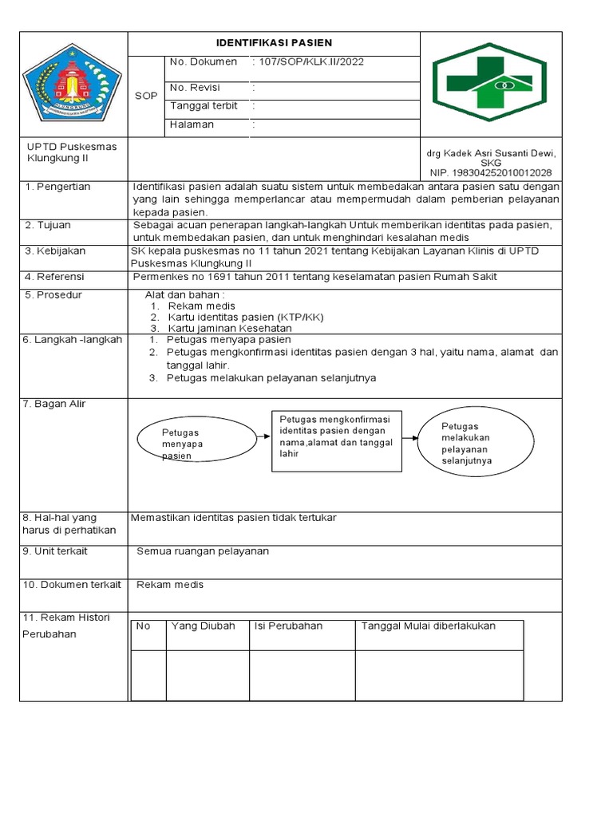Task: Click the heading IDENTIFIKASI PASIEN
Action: coord(275,43)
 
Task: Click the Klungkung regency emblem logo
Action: coord(72,84)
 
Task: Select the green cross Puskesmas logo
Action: coord(490,83)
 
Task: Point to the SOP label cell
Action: coord(145,96)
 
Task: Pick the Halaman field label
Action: coord(192,124)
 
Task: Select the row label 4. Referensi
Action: coord(54,277)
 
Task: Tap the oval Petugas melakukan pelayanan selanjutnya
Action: coord(476,443)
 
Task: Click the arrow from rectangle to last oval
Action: coord(410,437)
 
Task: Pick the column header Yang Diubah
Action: coord(203,626)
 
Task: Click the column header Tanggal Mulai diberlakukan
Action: coord(429,626)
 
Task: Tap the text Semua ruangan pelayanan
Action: coord(203,551)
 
